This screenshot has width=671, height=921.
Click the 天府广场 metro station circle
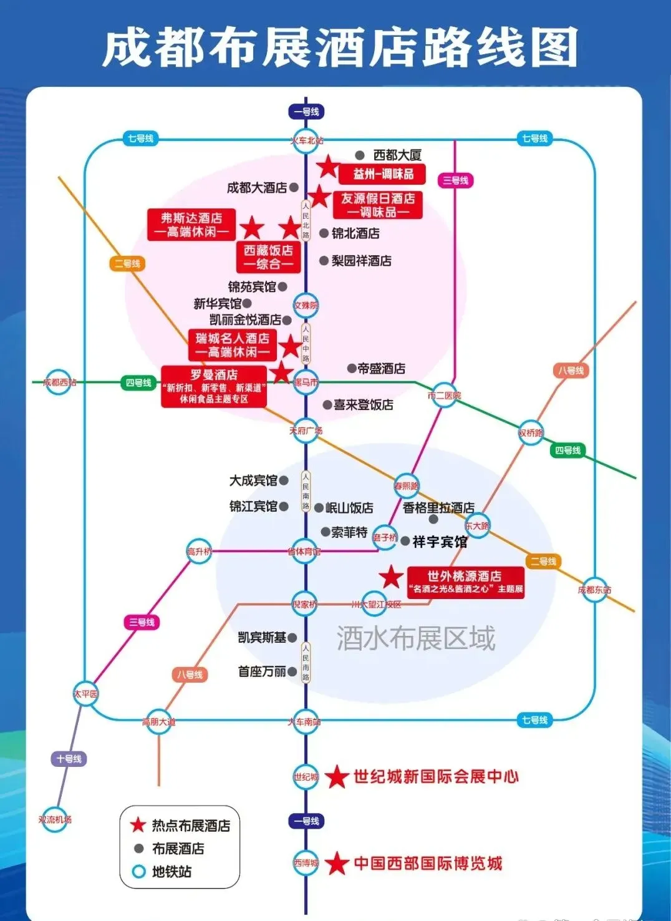(306, 431)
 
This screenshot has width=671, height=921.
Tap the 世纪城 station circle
(306, 777)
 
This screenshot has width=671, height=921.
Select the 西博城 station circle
(306, 863)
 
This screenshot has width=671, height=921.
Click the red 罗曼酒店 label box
(214, 386)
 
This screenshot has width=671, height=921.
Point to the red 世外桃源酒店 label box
(465, 582)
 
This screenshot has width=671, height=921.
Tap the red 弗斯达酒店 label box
(191, 225)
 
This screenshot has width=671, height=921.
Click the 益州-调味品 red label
(383, 174)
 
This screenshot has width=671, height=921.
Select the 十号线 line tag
(69, 759)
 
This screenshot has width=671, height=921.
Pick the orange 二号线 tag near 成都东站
(543, 562)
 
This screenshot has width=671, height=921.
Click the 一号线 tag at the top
(306, 112)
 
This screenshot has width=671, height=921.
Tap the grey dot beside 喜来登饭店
(327, 405)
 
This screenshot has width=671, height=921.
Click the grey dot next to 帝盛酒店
(352, 369)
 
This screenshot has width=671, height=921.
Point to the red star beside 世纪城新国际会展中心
(337, 777)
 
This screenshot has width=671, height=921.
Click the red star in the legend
(138, 825)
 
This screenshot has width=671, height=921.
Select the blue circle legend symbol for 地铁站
(138, 872)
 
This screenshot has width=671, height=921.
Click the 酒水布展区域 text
(416, 638)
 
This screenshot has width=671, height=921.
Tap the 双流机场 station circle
(56, 819)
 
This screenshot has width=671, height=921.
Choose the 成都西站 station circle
(58, 382)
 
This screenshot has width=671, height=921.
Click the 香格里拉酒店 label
(438, 507)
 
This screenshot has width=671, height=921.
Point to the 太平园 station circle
(85, 694)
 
